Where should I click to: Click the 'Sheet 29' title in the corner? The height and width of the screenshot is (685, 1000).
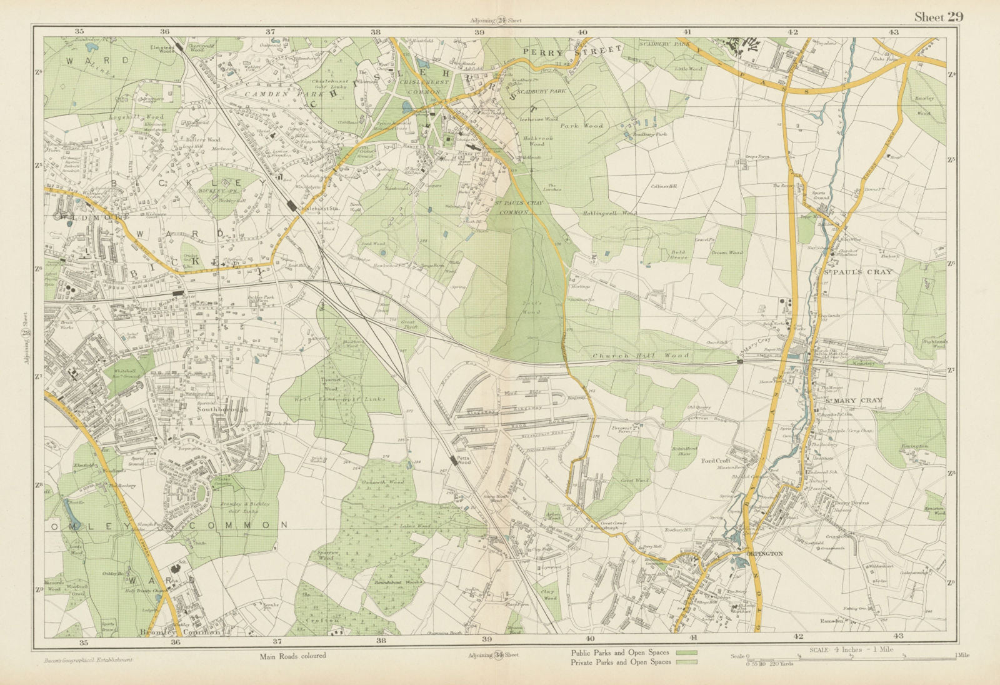[x=938, y=17]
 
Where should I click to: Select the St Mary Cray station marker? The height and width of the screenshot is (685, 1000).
[x=740, y=361]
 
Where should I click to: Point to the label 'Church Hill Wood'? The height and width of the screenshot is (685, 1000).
[x=641, y=356]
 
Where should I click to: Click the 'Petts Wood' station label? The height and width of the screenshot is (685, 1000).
[x=463, y=459]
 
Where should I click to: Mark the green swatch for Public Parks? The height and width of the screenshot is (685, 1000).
[x=687, y=652]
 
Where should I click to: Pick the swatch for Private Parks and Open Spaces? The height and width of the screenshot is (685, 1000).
[x=687, y=661]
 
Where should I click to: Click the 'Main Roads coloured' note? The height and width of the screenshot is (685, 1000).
[x=292, y=656]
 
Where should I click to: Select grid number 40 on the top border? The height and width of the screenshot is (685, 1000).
[x=582, y=31]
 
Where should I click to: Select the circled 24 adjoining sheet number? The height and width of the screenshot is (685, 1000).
[x=501, y=20]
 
